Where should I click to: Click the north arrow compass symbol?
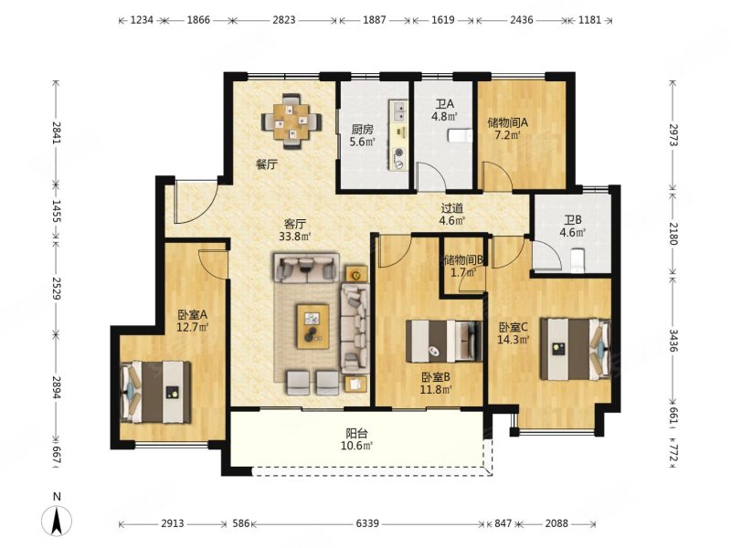pos(57,520)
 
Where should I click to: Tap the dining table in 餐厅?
pos(291,121)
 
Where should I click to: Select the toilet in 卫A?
pos(461,136)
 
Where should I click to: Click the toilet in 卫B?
pos(578,260)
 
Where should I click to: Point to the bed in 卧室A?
pos(155,392)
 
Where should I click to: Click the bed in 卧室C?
pos(576,349)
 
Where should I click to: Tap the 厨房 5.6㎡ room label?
pos(362,135)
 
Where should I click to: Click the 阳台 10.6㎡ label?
pos(356,439)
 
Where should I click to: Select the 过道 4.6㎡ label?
pos(452,215)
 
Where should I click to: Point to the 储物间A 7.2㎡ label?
pos(508,129)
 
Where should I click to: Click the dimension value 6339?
pos(367,523)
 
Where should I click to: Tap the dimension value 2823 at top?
pos(284,20)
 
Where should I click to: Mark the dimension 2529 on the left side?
pos(57,289)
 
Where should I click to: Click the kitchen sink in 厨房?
pos(399,111)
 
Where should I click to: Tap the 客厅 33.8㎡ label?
pos(294,230)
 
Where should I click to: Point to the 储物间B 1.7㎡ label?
pos(463,266)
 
